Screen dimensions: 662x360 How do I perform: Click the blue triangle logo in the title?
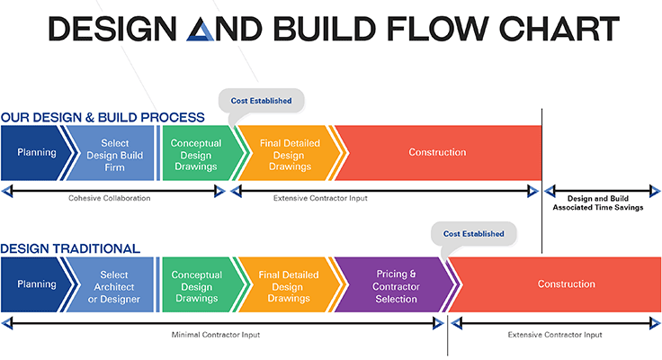(201, 30)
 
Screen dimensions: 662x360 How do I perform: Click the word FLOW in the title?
(438, 29)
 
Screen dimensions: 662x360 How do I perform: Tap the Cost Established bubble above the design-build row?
(262, 101)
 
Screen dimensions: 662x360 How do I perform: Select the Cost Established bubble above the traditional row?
(474, 234)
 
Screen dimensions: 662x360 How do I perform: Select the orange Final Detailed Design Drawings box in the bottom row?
(289, 284)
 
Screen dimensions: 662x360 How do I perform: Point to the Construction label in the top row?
(437, 152)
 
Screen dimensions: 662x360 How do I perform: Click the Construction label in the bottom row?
(566, 283)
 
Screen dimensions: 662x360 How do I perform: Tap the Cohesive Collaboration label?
(110, 198)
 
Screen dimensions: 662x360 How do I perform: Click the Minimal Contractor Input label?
(216, 335)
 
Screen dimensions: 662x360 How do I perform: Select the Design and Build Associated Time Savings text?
(598, 202)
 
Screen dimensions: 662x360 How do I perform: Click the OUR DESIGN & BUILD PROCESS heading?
(103, 117)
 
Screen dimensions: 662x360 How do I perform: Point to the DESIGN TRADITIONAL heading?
(70, 248)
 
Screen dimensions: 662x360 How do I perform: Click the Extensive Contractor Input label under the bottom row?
(555, 335)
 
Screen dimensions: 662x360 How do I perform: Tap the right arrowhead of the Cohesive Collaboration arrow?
(219, 191)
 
